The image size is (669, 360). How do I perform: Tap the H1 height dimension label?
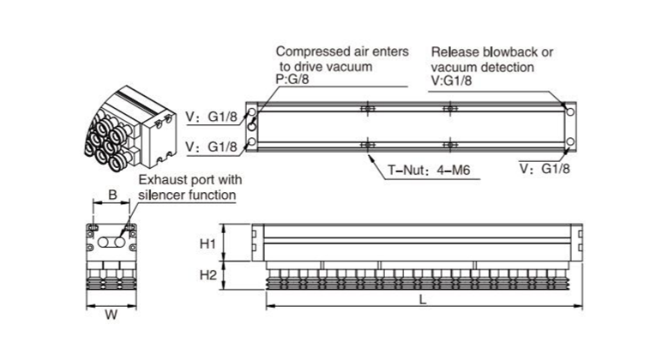207,243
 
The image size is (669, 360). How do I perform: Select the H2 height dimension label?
207,275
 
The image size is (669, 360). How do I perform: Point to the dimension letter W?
111,315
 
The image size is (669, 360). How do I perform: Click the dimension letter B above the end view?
113,196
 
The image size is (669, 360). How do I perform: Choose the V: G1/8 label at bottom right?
545,169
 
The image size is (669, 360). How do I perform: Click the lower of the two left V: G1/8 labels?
208,147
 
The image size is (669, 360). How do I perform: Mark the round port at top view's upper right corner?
570,111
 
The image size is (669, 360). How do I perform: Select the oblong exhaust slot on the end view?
112,243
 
